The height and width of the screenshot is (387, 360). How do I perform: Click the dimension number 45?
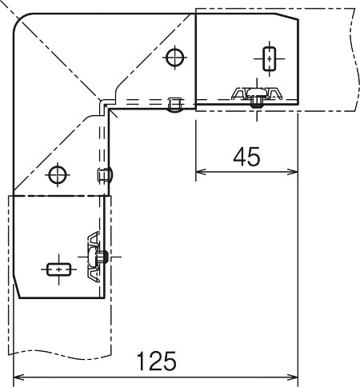pos(246,157)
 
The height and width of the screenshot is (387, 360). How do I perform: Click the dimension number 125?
pos(156,361)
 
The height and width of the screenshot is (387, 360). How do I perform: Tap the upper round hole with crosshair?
pos(175,58)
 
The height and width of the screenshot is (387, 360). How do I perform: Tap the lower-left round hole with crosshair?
pos(58,175)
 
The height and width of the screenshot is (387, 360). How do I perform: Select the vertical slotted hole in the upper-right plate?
pos(270,58)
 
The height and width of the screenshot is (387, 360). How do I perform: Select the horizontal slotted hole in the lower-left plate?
pos(59,269)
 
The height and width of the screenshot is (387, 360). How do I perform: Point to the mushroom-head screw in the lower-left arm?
pos(98,257)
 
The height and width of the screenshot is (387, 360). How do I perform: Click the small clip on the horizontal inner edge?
pos(175,105)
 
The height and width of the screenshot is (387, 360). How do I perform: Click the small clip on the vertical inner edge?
pos(105,175)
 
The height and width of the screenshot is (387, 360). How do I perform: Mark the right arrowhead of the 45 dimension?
pos(294,172)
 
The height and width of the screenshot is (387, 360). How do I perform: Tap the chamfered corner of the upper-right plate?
pos(287,16)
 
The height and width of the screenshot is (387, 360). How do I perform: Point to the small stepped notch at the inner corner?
pos(106,105)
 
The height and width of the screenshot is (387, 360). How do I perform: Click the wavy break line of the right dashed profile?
pos(354,59)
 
